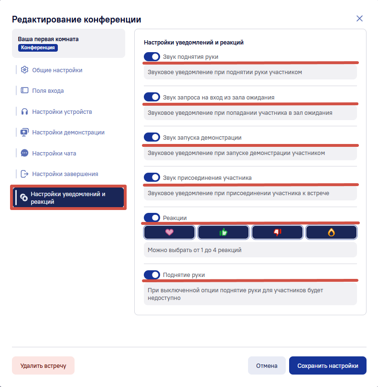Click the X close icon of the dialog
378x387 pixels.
359,19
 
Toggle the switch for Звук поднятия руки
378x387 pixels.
152,56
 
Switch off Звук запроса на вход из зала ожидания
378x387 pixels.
152,97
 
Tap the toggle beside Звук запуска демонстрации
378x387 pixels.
152,137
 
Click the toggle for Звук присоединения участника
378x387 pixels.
152,177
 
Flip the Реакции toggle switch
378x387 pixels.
152,218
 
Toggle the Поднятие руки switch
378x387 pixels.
152,275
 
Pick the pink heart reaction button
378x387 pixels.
169,232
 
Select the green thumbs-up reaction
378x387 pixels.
223,232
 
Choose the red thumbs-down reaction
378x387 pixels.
277,232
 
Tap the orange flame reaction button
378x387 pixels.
331,232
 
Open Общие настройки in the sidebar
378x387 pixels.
57,70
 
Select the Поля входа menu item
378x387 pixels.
48,90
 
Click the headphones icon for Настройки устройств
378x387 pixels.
24,111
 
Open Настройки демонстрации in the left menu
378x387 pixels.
68,133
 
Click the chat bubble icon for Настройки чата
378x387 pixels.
24,153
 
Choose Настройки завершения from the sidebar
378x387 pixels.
65,174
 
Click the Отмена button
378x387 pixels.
267,365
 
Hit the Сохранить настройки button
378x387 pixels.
328,365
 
